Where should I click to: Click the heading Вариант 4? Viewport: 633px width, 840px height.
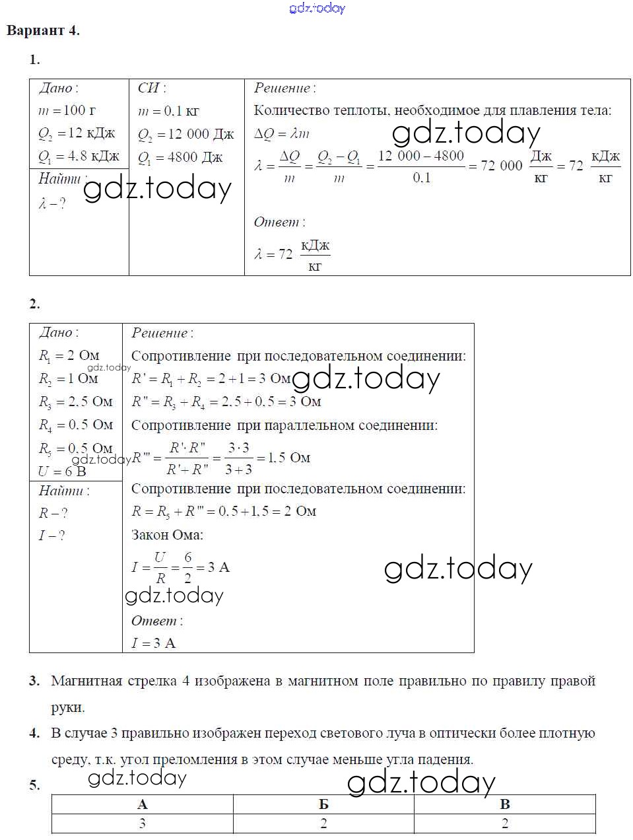(x=43, y=30)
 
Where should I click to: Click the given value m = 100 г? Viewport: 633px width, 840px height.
(x=67, y=111)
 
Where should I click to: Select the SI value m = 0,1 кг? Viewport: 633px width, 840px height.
(x=168, y=111)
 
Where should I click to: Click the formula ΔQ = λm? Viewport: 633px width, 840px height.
(x=282, y=133)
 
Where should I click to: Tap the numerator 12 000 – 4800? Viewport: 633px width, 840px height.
(x=421, y=156)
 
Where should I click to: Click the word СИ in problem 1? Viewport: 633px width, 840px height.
(x=151, y=88)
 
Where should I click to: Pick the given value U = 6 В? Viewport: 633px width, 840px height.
(x=62, y=471)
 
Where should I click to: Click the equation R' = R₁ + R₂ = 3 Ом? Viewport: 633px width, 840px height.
(x=211, y=379)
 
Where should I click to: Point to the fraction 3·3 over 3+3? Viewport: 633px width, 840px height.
(x=238, y=458)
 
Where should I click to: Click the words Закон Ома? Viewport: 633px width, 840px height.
(x=167, y=534)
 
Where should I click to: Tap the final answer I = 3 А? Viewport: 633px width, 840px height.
(x=153, y=643)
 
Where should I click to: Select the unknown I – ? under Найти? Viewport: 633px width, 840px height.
(x=52, y=536)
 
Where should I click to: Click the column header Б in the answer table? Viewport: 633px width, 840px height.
(x=323, y=804)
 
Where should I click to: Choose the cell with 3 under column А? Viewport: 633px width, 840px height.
(x=142, y=823)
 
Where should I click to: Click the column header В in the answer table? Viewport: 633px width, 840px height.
(x=505, y=804)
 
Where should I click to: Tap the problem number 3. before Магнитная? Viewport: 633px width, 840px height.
(x=34, y=681)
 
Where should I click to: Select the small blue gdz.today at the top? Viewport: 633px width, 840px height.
(x=317, y=9)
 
